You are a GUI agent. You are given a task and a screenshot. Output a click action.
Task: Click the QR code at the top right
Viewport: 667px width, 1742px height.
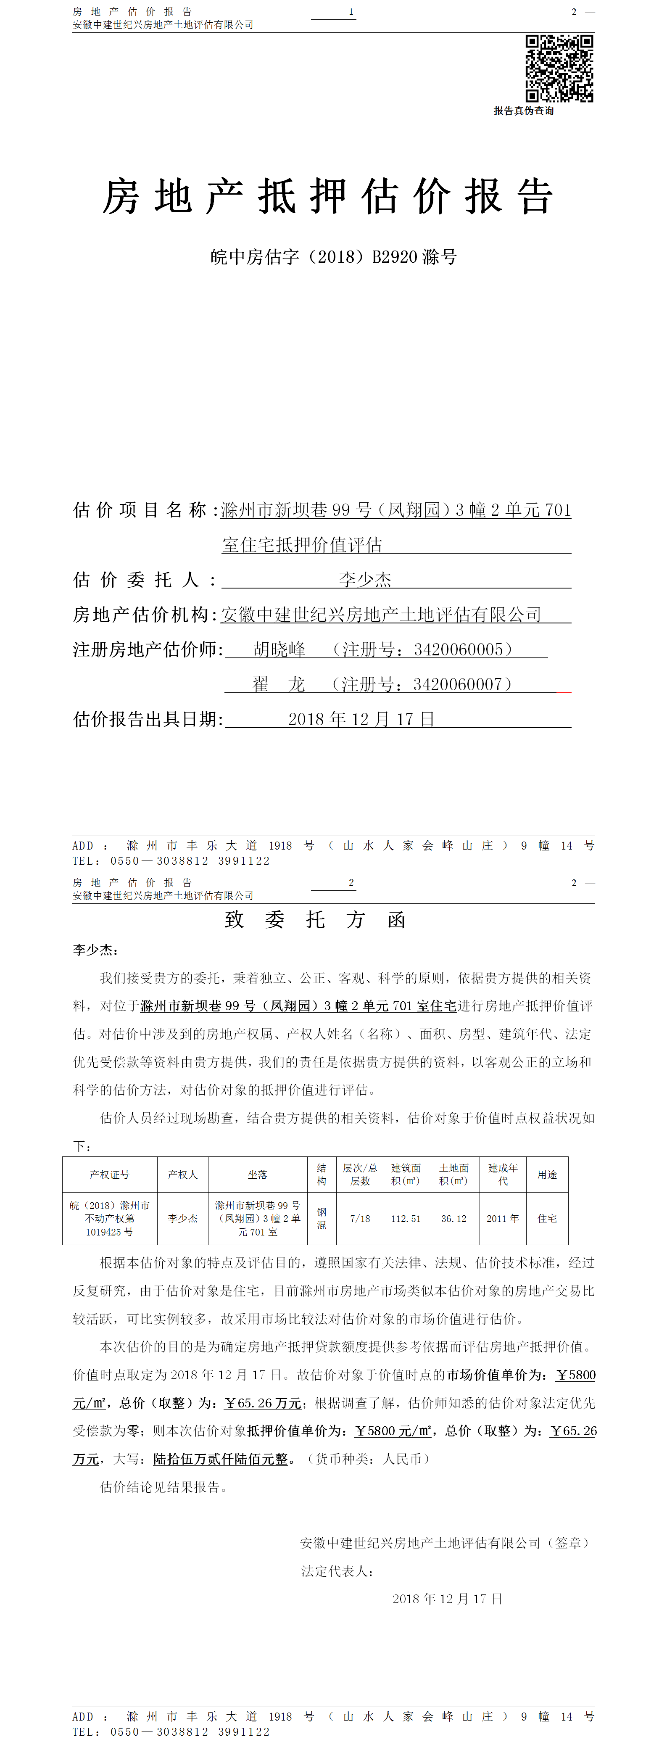coord(559,68)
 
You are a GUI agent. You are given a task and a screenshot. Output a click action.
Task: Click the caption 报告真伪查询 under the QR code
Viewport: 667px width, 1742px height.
coord(524,111)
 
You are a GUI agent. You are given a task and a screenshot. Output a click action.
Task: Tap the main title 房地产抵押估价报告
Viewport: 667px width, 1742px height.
coord(328,197)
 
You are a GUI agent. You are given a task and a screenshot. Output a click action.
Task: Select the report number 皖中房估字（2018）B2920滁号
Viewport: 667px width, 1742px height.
coord(333,257)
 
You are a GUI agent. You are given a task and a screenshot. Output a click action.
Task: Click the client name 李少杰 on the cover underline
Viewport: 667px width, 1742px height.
coord(365,580)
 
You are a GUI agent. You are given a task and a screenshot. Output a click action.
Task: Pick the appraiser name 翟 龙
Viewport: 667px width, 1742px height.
coord(278,684)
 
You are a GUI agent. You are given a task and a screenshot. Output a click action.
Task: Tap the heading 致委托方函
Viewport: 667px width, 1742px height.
coord(315,920)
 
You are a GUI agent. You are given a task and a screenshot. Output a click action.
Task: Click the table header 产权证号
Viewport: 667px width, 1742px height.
coord(109,1175)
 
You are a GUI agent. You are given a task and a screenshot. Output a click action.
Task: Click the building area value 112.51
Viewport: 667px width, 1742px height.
coord(406,1219)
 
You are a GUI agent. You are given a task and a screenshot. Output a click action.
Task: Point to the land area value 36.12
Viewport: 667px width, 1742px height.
coord(453,1219)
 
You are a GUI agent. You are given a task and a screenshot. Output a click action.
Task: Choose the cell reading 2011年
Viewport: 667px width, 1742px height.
coord(503,1219)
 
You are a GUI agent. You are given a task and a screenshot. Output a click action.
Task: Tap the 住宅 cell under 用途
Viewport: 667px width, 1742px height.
coord(547,1219)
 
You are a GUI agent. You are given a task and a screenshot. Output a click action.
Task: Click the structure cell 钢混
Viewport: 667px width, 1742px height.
coord(322,1219)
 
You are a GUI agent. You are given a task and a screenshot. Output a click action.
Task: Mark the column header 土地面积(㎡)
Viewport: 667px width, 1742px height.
coord(453,1175)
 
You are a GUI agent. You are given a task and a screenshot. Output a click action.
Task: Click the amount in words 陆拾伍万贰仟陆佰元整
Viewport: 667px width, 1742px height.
coord(220,1459)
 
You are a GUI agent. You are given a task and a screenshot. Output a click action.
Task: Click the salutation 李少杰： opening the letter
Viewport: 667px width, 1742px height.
coord(95,950)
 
